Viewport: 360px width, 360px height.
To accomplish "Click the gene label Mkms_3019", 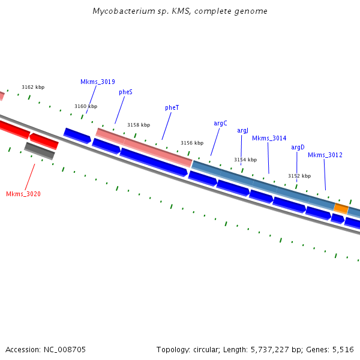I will [x=98, y=82].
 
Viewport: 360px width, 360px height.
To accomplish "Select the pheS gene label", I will [x=125, y=92].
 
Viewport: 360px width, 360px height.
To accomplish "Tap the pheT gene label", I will [x=172, y=107].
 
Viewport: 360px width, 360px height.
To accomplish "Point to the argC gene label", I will [x=220, y=123].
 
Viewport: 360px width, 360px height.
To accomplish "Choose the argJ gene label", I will [x=242, y=130].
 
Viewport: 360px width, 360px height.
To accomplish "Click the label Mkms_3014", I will [x=269, y=138].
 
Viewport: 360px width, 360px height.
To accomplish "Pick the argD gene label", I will [x=298, y=147].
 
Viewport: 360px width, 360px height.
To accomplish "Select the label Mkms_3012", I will [x=325, y=155].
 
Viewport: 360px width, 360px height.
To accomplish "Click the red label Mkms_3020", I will [x=23, y=194].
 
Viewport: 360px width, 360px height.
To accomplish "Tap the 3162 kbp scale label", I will [x=33, y=87].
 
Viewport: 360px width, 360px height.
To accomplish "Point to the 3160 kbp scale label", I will [x=86, y=106].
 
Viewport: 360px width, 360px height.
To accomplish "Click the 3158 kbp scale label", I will [x=139, y=125].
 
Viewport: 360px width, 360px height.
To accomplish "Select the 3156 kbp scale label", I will [x=192, y=143].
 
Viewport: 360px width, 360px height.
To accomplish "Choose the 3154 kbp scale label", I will [x=245, y=160].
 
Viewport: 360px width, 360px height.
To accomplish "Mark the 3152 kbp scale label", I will [x=299, y=176].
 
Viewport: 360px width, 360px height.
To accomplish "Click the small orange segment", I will [x=341, y=208].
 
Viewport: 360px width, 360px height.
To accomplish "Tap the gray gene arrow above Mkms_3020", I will [x=40, y=151].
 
